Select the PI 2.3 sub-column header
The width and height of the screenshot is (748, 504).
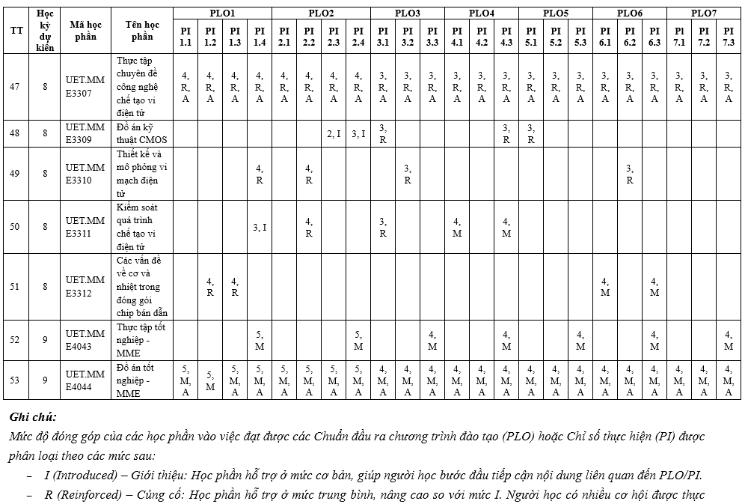pyautogui.click(x=334, y=37)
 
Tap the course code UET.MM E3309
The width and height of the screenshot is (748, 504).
pyautogui.click(x=85, y=133)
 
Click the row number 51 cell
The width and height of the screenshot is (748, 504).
pyautogui.click(x=15, y=287)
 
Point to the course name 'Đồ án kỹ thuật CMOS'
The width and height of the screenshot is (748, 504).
pyautogui.click(x=141, y=133)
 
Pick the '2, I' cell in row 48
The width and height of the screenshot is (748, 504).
pyautogui.click(x=334, y=133)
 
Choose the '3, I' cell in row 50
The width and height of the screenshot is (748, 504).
pyautogui.click(x=260, y=227)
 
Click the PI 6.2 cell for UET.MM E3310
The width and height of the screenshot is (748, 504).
pyautogui.click(x=630, y=174)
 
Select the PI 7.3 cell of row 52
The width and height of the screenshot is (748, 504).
pyautogui.click(x=729, y=340)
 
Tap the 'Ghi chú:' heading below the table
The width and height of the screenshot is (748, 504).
pyautogui.click(x=33, y=416)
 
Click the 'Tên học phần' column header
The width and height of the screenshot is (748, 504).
pyautogui.click(x=141, y=30)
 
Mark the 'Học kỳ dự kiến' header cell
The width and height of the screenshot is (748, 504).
pyautogui.click(x=45, y=30)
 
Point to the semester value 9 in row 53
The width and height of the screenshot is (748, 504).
pyautogui.click(x=45, y=380)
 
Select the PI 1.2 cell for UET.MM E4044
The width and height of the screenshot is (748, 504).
pyautogui.click(x=210, y=380)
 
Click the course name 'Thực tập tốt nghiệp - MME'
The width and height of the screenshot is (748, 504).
pyautogui.click(x=141, y=340)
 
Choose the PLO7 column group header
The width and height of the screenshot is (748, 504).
pyautogui.click(x=703, y=13)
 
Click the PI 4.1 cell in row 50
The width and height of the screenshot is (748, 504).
pyautogui.click(x=457, y=227)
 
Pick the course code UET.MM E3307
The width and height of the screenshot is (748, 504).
pyautogui.click(x=85, y=86)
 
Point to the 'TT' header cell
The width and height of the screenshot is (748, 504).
pyautogui.click(x=15, y=30)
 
